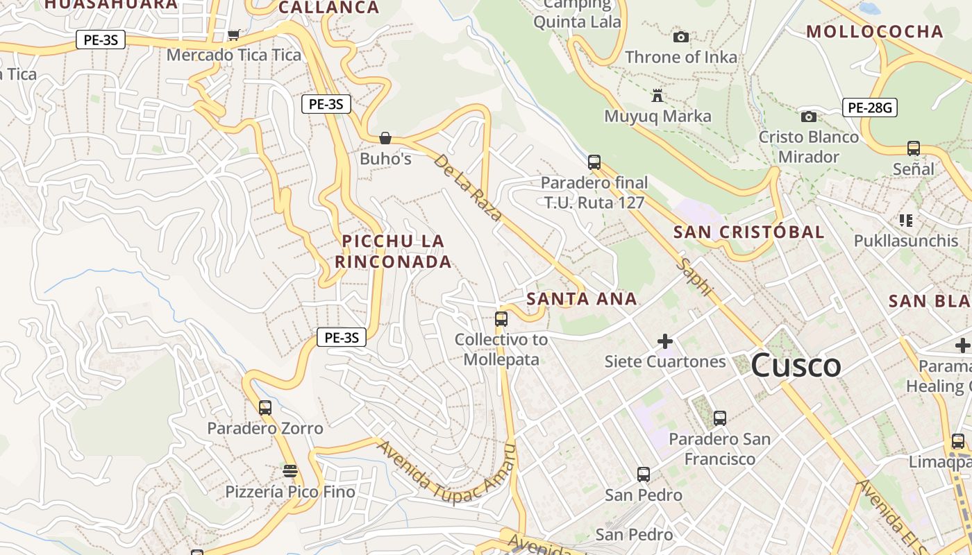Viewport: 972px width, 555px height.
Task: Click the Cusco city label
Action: coord(796,366)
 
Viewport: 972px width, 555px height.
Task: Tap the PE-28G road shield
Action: coord(870,108)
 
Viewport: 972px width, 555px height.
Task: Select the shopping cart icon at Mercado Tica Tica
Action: coord(234,35)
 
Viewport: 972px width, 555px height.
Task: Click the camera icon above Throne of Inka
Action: coord(681,37)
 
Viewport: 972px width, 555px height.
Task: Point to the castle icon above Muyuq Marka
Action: coord(657,95)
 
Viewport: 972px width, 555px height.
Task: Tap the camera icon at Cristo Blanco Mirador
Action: coord(808,117)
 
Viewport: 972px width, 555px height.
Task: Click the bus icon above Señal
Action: coord(914,148)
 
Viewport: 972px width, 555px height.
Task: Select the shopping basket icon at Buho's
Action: coord(385,138)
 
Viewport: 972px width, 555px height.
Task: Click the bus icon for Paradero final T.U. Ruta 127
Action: coord(594,162)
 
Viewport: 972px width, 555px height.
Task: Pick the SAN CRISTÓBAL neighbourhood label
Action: coord(748,232)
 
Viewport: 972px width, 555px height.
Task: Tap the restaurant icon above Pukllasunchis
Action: coord(905,221)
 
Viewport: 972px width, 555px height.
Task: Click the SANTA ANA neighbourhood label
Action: coord(581,299)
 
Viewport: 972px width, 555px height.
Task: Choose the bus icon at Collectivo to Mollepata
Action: coord(501,319)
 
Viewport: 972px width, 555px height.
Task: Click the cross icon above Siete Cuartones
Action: coord(665,341)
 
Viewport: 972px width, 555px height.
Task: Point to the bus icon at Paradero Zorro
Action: coord(265,408)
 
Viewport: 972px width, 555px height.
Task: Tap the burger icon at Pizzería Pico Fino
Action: coord(290,471)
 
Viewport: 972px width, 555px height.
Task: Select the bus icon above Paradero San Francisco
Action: coord(720,418)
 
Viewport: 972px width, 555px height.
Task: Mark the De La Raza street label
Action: coord(467,187)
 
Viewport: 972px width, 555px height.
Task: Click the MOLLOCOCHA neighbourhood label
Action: coord(874,31)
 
